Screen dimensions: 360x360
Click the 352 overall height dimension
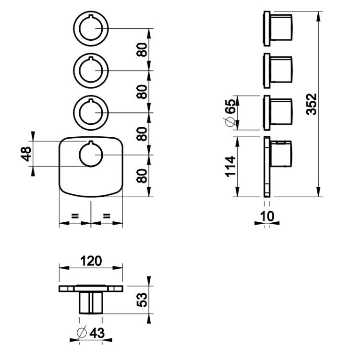point(312,104)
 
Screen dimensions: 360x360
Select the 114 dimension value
point(231,167)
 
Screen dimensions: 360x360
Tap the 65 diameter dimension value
point(231,107)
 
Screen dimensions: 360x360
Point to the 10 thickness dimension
point(267,216)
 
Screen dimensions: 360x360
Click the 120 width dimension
point(91,261)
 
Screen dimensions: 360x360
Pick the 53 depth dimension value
point(142,300)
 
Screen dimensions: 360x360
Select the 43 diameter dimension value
point(97,333)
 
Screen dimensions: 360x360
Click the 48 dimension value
point(26,154)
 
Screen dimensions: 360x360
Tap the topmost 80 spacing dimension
point(142,50)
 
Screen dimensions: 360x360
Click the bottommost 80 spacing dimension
point(142,176)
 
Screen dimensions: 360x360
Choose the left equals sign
point(75,216)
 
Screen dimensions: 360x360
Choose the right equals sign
point(107,216)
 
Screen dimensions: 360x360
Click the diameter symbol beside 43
point(82,332)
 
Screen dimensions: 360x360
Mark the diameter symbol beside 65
point(230,121)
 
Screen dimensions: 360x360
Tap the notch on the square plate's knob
point(91,142)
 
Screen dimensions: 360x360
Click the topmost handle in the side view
point(278,28)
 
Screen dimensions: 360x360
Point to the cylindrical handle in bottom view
point(91,302)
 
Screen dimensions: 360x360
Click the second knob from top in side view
point(278,71)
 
